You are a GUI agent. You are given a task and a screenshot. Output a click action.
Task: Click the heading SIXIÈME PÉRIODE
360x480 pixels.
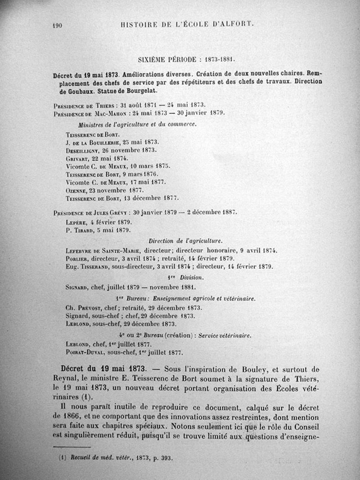[x=165, y=58]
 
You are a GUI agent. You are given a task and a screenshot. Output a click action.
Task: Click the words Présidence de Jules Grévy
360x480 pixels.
[x=88, y=212]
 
